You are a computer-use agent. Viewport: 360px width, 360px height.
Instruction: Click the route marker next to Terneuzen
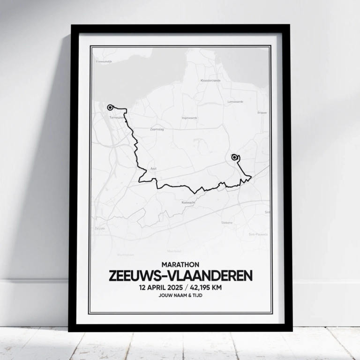[x=110, y=107]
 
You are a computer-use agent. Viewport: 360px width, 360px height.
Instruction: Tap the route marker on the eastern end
[x=234, y=157]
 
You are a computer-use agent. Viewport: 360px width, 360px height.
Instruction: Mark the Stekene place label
[x=227, y=223]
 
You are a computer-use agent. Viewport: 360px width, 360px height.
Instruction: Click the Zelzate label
[x=100, y=228]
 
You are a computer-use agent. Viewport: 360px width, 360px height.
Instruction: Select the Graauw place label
[x=262, y=112]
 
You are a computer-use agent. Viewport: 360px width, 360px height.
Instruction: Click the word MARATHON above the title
[x=180, y=264]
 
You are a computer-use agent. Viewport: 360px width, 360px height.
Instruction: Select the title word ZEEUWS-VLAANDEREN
[x=180, y=276]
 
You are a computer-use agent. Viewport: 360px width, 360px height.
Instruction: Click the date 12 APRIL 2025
[x=158, y=287]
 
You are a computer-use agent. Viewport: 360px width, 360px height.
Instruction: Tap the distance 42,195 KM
[x=203, y=287]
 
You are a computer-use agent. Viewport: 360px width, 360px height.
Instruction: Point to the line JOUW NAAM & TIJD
[x=180, y=296]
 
